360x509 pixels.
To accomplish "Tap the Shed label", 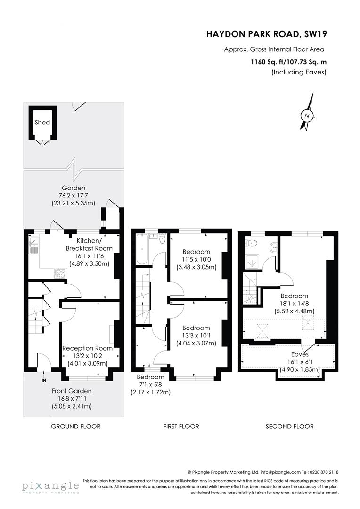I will click(x=42, y=123).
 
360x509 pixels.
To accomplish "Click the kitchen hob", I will click(x=61, y=272).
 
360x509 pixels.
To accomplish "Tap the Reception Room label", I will click(x=88, y=348).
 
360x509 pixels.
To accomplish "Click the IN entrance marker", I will click(x=44, y=380).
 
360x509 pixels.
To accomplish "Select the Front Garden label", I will click(x=72, y=391).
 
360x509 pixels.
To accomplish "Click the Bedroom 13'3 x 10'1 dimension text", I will click(x=196, y=336).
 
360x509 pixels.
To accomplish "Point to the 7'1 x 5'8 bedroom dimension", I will click(x=150, y=385).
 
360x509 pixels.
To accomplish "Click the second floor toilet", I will click(x=251, y=244).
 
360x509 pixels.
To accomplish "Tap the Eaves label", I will click(x=300, y=354).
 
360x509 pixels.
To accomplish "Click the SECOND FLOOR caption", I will click(x=289, y=427).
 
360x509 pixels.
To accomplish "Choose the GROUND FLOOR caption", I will click(x=75, y=427).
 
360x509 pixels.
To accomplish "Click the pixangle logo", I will click(x=49, y=486).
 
